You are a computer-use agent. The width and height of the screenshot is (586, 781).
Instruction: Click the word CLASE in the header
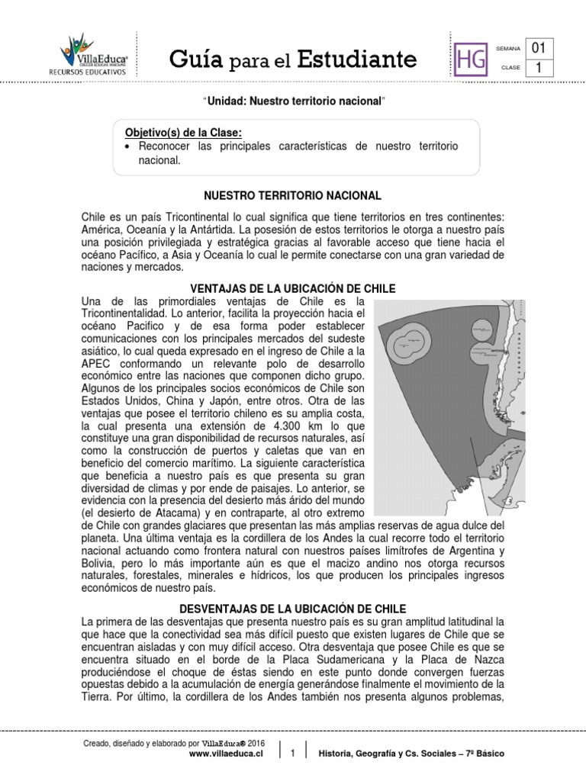pos(510,68)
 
